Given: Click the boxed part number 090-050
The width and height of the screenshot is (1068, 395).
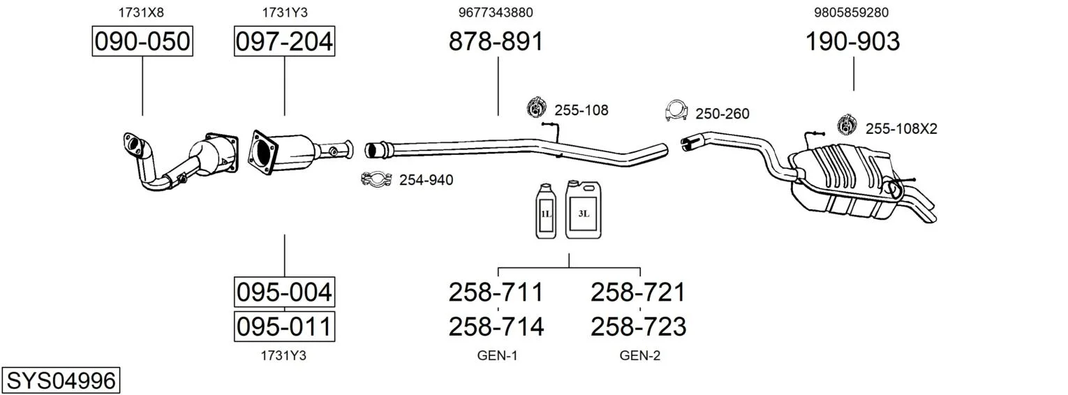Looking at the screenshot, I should point(142,42).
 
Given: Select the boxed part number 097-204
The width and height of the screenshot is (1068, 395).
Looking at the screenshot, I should point(284,42).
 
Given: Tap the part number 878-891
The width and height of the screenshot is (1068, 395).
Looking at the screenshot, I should point(496,42).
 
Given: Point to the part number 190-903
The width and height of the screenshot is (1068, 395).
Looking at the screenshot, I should point(853,42).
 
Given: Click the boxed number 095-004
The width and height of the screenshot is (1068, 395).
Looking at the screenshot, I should point(284,291).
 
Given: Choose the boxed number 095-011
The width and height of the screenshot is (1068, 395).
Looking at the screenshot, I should point(284,326).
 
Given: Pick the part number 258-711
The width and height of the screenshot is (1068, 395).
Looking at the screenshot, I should point(496,292).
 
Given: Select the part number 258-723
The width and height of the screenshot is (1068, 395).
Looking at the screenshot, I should point(639,326).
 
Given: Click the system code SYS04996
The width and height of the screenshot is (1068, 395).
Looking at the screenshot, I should point(61,381).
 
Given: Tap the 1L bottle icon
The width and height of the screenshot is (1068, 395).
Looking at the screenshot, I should point(546,211).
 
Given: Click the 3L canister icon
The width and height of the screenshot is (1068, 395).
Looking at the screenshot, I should point(584,209).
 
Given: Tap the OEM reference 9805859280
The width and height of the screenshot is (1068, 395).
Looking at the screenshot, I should point(852,12).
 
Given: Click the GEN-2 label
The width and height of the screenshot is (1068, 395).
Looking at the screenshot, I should point(639,356).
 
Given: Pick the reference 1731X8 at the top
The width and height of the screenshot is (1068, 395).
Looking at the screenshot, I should point(142,12).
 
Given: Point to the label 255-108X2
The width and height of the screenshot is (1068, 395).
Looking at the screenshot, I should point(901,128).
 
